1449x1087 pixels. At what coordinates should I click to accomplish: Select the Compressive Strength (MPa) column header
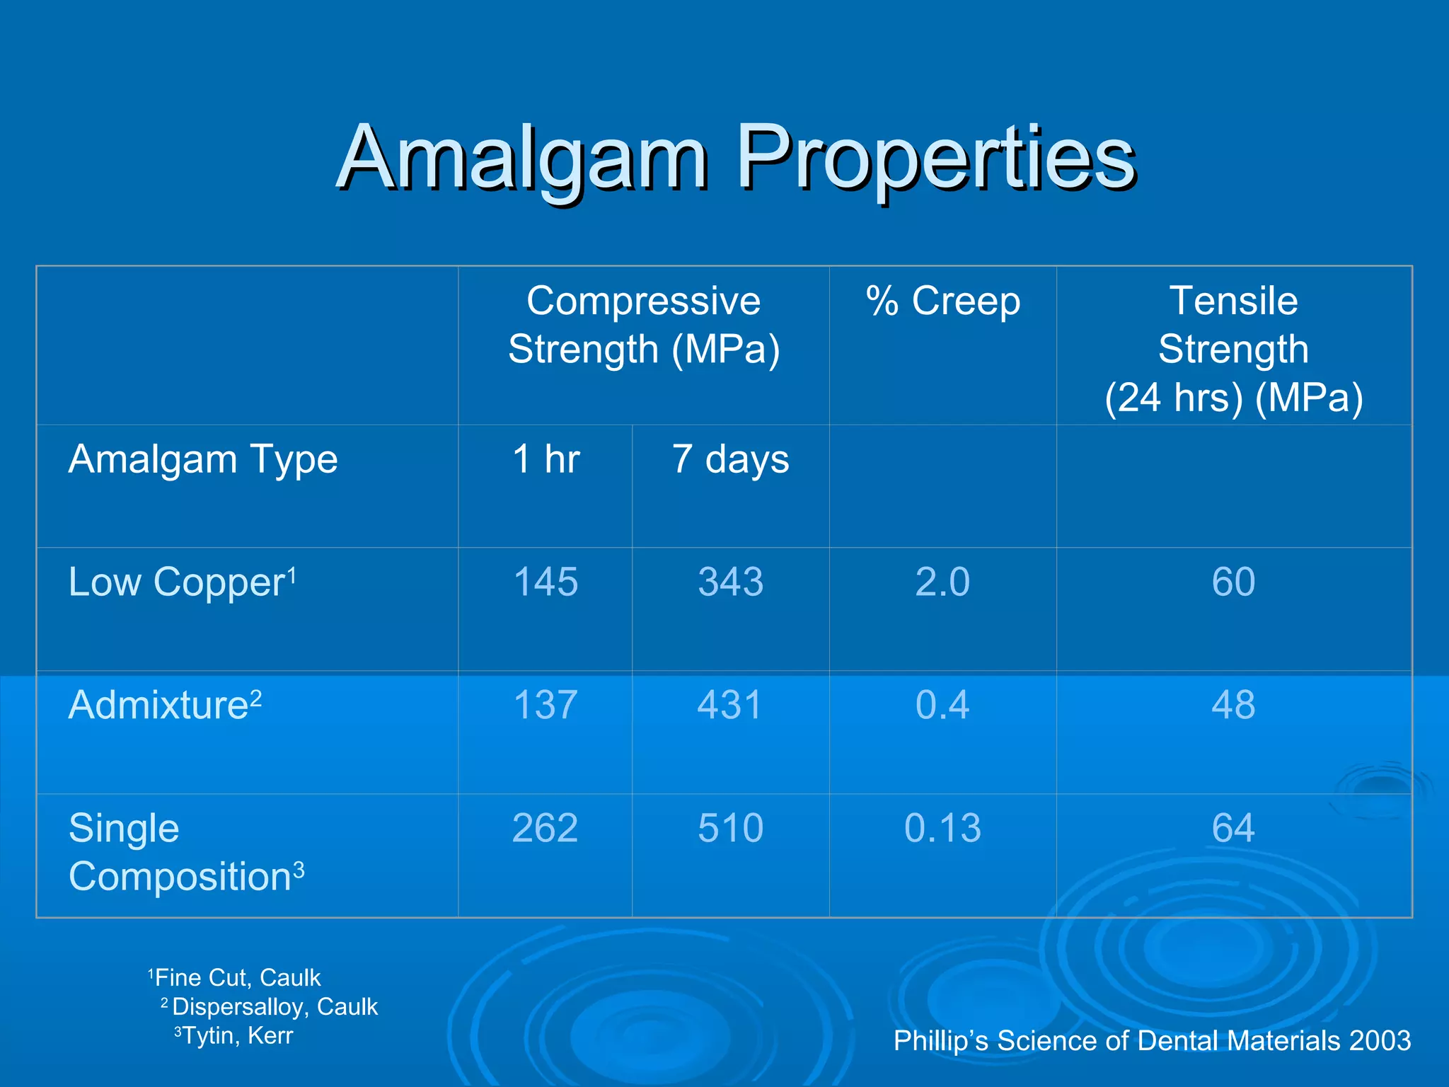(x=643, y=325)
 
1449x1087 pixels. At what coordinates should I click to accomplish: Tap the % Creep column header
(x=943, y=301)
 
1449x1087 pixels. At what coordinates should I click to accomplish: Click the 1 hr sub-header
(x=545, y=459)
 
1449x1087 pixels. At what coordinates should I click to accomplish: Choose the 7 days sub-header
(x=730, y=459)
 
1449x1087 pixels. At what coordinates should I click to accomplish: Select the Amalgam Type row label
(x=203, y=459)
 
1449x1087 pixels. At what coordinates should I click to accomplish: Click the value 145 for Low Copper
(x=545, y=582)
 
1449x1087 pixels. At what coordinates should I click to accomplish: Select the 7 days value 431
(x=730, y=705)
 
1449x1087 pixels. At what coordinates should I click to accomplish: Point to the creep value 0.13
(x=942, y=828)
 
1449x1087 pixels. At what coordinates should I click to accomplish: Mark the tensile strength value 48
(x=1233, y=705)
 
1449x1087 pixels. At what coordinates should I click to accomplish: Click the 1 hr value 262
(x=545, y=828)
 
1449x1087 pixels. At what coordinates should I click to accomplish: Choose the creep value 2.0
(x=942, y=582)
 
